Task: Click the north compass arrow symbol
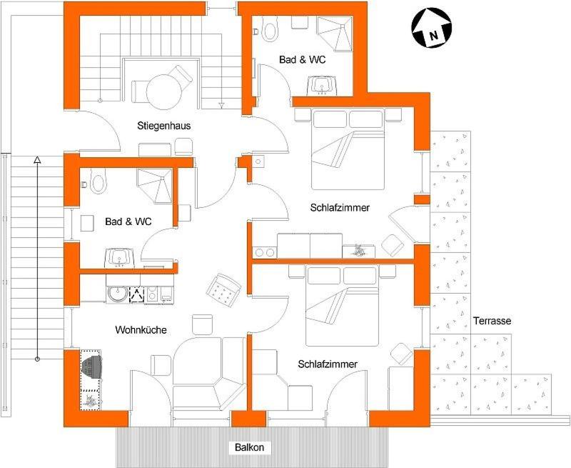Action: point(432,28)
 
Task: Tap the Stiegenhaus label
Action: point(164,126)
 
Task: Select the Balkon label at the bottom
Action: point(249,447)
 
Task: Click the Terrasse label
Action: point(492,321)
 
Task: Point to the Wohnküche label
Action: point(141,330)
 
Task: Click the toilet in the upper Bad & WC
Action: point(269,31)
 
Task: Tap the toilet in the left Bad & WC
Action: point(98,184)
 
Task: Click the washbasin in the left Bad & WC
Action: point(119,258)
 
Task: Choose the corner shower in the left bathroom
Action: point(154,186)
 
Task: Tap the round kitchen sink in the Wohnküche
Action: point(118,294)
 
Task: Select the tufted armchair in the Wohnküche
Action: point(223,291)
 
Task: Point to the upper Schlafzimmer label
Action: point(340,208)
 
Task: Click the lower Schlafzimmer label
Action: point(328,364)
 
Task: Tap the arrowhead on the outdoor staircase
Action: point(37,159)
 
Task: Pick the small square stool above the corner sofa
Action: point(202,324)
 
